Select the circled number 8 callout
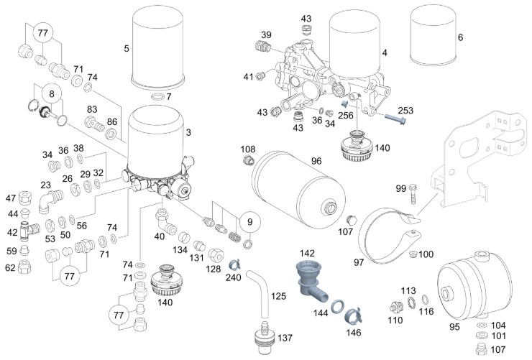52,93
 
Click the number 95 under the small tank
454,326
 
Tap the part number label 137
285,338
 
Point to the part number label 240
233,277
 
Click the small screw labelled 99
415,193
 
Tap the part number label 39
266,35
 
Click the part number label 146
354,333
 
